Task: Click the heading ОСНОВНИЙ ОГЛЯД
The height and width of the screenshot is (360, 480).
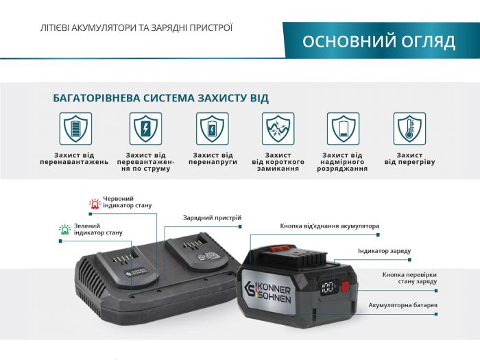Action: [379, 41]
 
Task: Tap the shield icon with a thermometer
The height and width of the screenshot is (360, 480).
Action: [409, 128]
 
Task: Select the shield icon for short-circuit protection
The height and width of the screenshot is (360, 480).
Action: [278, 128]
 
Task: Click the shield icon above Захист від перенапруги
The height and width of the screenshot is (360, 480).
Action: [213, 128]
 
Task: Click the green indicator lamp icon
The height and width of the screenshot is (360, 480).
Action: [64, 230]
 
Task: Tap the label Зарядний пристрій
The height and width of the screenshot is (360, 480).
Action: [212, 218]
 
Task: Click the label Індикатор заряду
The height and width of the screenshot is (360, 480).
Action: [384, 251]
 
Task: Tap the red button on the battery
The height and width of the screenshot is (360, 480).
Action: [345, 287]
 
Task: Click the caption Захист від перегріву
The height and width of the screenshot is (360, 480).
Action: [409, 158]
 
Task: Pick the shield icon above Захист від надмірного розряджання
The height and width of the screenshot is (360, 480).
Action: [344, 128]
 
